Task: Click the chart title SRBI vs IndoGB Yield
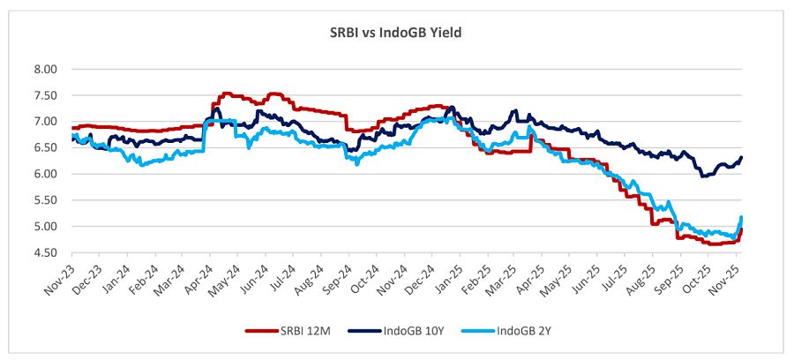pos(396,33)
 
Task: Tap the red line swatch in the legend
pos(258,331)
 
